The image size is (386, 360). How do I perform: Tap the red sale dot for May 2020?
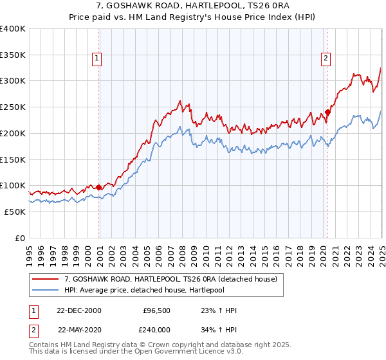[x=327, y=112]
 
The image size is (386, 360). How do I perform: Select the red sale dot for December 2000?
[x=99, y=187]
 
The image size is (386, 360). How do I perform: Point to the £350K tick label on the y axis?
[x=13, y=55]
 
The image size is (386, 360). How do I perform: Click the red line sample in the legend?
[x=46, y=279]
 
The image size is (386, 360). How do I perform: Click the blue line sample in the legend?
[x=46, y=290]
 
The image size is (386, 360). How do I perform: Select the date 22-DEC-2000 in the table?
[x=79, y=310]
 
